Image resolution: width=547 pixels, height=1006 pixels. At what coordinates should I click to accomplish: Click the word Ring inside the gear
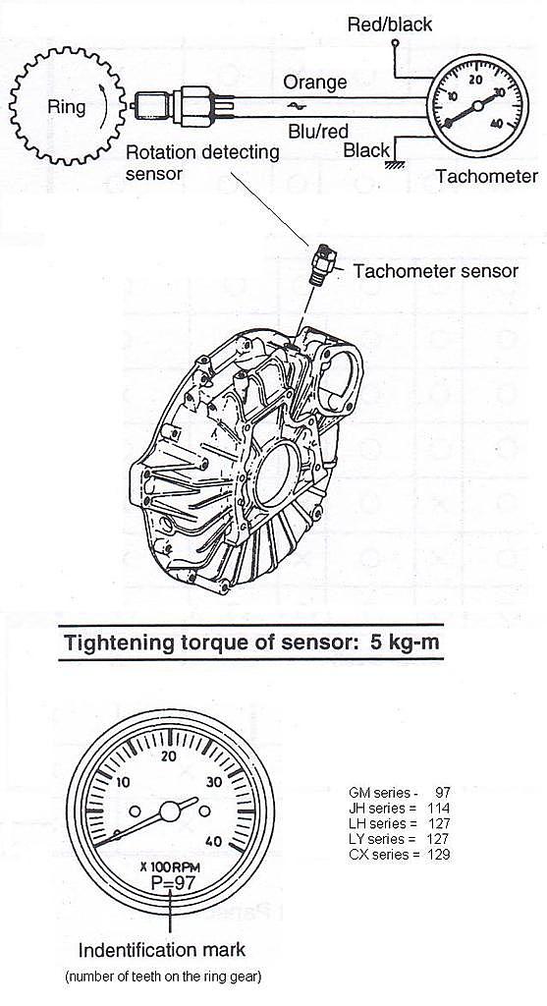point(66,106)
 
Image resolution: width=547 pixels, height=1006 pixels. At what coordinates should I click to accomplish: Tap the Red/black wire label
point(390,25)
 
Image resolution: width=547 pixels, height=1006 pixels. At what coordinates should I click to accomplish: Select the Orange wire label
point(315,83)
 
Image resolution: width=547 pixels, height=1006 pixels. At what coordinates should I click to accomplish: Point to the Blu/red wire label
point(317,132)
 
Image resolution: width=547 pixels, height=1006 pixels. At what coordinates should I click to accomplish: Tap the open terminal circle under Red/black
point(395,44)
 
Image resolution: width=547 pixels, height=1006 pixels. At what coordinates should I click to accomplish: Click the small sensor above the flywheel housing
point(322,263)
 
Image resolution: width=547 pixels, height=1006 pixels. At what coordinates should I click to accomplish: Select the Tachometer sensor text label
point(435,271)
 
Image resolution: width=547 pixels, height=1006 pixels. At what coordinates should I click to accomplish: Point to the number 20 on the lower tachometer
point(169,755)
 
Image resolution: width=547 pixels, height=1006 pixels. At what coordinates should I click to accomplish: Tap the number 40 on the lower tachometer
point(215,842)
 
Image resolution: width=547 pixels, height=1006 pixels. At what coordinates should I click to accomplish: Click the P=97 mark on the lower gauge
point(173,881)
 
